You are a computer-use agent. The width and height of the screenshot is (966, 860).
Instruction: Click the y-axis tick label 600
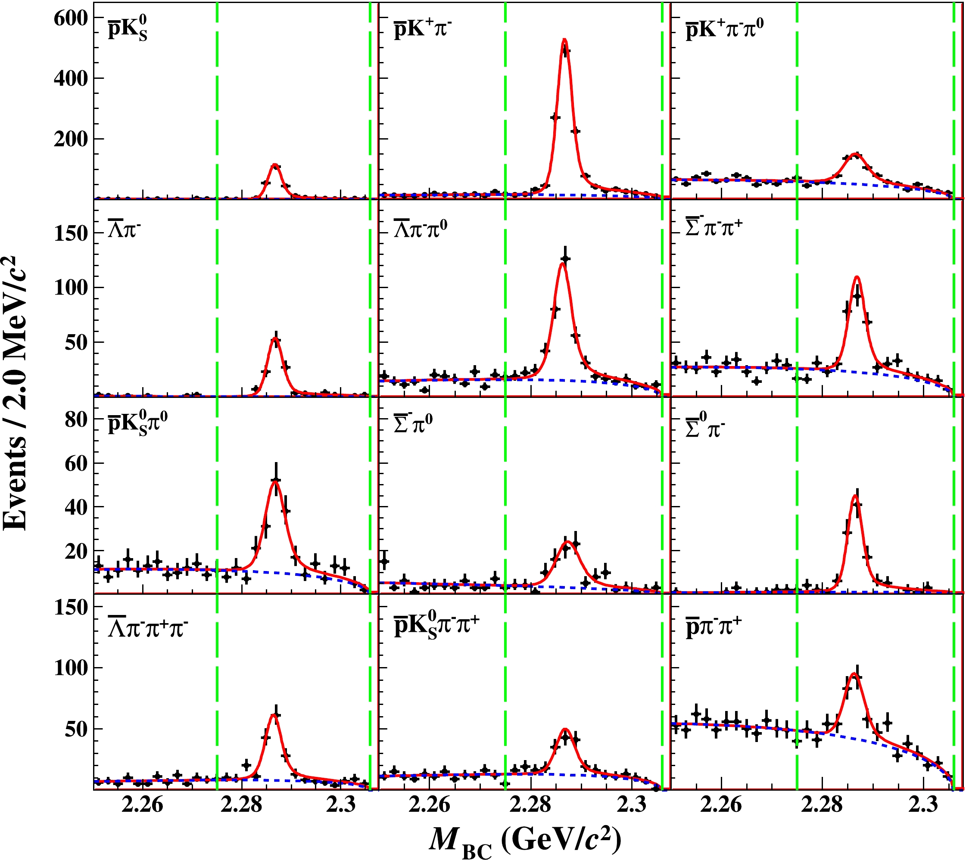pos(71,19)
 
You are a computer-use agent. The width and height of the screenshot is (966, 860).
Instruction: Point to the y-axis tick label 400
pos(71,78)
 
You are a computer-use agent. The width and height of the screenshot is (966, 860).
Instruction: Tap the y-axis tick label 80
pos(76,419)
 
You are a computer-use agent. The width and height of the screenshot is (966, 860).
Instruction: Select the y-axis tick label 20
pos(76,551)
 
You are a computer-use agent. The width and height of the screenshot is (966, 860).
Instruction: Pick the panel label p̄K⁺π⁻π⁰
pos(724,30)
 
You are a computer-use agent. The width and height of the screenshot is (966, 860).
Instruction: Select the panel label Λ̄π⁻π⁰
pos(421,229)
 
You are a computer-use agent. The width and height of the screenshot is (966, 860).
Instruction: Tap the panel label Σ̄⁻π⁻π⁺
pos(714,228)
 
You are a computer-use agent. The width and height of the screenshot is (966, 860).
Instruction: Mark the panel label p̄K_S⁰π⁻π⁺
pos(436,625)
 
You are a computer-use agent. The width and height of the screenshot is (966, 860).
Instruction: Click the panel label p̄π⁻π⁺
pos(714,627)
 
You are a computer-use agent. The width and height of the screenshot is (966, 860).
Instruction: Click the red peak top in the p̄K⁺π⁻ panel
pos(564,40)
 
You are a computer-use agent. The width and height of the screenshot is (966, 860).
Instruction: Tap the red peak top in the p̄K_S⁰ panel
pos(274,165)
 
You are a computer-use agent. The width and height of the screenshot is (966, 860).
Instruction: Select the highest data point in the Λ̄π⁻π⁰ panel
pos(565,258)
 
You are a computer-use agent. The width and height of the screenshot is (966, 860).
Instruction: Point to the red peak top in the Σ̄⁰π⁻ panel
pos(854,496)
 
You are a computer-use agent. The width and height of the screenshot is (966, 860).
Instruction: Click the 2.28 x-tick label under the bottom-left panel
pos(241,804)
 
